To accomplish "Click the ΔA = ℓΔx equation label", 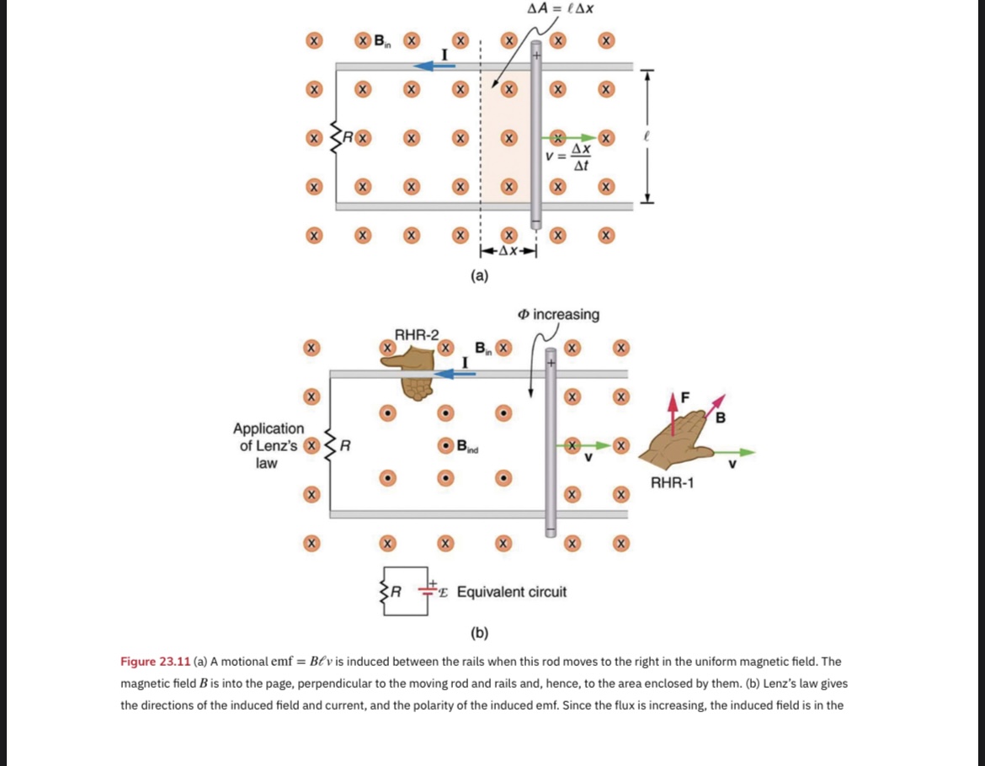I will click(561, 9).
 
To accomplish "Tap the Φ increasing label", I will click(559, 314).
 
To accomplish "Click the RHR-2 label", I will click(417, 334).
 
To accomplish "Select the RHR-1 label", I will click(672, 482).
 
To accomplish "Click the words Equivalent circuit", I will click(511, 592).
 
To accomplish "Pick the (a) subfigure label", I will click(479, 274).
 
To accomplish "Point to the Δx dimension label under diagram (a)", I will click(508, 251).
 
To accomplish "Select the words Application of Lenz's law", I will click(268, 445).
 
